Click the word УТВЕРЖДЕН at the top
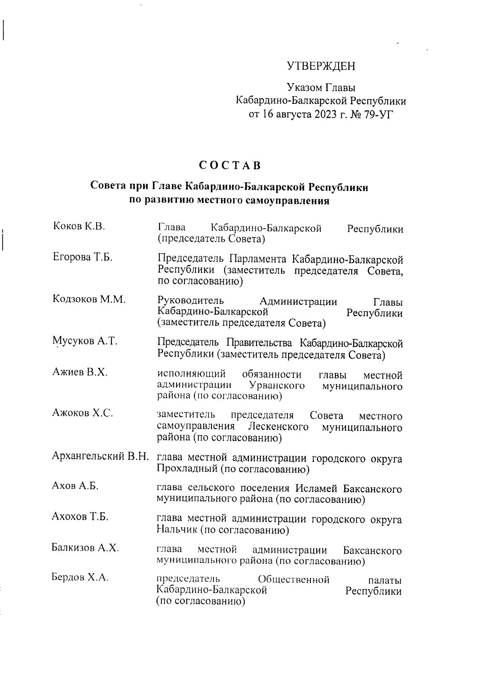pyautogui.click(x=321, y=66)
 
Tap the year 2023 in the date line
pyautogui.click(x=324, y=115)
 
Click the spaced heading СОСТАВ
pyautogui.click(x=230, y=165)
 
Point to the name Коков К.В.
pyautogui.click(x=79, y=227)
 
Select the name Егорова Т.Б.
pyautogui.click(x=83, y=257)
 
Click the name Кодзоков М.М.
pyautogui.click(x=89, y=300)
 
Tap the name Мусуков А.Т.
pyautogui.click(x=85, y=341)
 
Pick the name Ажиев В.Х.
pyautogui.click(x=80, y=373)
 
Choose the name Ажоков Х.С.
pyautogui.click(x=83, y=413)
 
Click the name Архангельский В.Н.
pyautogui.click(x=101, y=457)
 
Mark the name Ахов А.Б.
pyautogui.click(x=75, y=486)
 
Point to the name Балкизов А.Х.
pyautogui.click(x=85, y=548)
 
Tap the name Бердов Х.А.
pyautogui.click(x=80, y=578)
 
